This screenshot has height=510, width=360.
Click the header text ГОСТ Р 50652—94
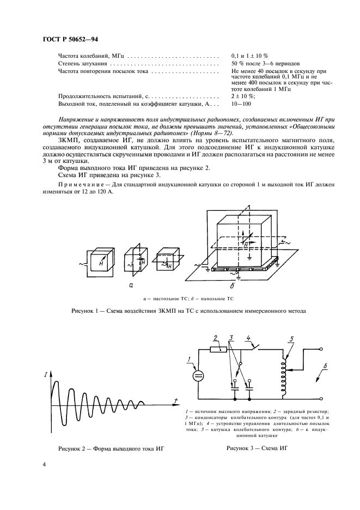70,39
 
